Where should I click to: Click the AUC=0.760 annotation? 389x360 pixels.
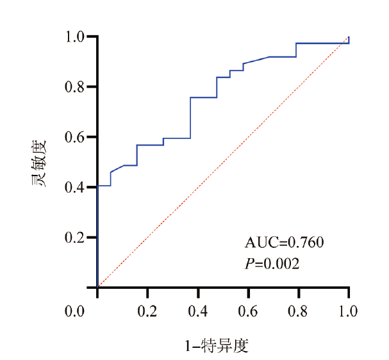(x=285, y=242)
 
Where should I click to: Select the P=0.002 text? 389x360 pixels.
(x=273, y=262)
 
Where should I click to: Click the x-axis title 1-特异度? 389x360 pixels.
(x=216, y=347)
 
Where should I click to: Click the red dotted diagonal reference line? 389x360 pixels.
(x=223, y=162)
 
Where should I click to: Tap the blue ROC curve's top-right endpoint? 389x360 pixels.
(x=349, y=38)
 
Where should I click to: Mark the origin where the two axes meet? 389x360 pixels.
(x=97, y=288)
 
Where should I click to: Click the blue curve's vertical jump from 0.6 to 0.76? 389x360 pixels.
(x=190, y=118)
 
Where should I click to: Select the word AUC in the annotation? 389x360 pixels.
(x=258, y=242)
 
